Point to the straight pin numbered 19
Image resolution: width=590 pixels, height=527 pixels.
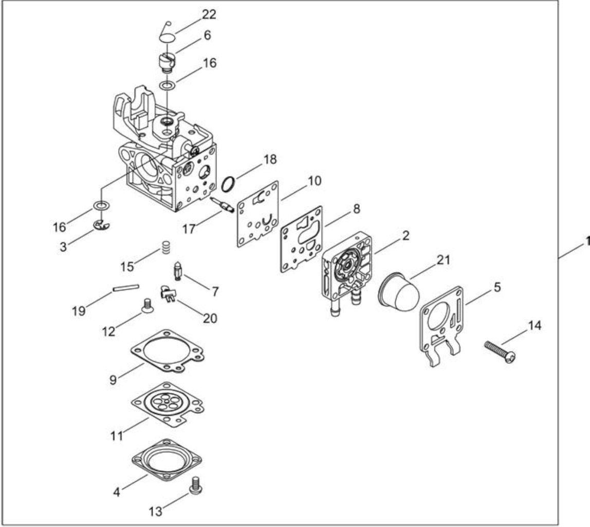pyautogui.click(x=126, y=288)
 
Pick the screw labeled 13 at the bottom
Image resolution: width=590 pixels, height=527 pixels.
pyautogui.click(x=196, y=484)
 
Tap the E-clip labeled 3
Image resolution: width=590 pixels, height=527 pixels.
pyautogui.click(x=101, y=225)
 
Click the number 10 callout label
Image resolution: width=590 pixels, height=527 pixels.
pyautogui.click(x=315, y=181)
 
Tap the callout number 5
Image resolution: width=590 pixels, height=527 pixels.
pyautogui.click(x=497, y=287)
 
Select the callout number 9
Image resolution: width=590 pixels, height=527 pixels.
pyautogui.click(x=113, y=380)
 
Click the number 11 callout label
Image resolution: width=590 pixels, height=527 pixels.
pyautogui.click(x=117, y=436)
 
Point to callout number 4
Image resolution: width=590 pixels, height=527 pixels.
pyautogui.click(x=117, y=492)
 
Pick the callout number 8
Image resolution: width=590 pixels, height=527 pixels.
pyautogui.click(x=356, y=208)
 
